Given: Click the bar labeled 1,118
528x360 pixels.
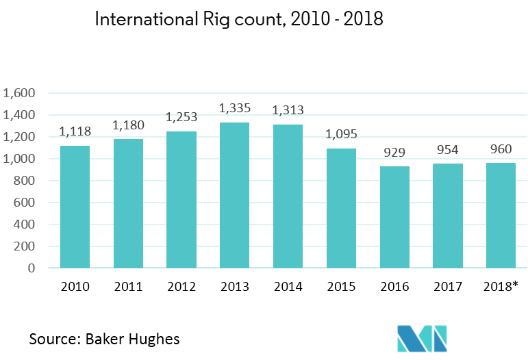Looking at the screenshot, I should click(75, 207).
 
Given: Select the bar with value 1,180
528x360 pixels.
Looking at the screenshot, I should click(128, 203).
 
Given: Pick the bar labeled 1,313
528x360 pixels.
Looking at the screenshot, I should click(288, 196).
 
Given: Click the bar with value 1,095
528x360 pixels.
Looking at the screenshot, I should click(341, 208).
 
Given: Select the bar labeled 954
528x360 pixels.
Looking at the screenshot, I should click(448, 216).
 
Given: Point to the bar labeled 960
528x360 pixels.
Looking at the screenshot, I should click(501, 216).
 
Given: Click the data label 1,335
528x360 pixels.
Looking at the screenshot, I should click(234, 108).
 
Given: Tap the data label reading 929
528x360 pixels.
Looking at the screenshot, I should click(394, 153).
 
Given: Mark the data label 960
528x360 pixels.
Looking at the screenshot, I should click(501, 149).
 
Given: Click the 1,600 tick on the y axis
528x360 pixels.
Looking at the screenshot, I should click(18, 94).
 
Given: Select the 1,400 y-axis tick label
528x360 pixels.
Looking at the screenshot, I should click(18, 116).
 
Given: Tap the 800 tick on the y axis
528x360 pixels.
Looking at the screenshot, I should click(23, 181).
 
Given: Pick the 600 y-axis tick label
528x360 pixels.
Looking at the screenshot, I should click(23, 203).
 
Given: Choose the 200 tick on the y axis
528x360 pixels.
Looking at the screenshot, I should click(23, 246).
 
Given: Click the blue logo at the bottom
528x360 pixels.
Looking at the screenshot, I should click(422, 338).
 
